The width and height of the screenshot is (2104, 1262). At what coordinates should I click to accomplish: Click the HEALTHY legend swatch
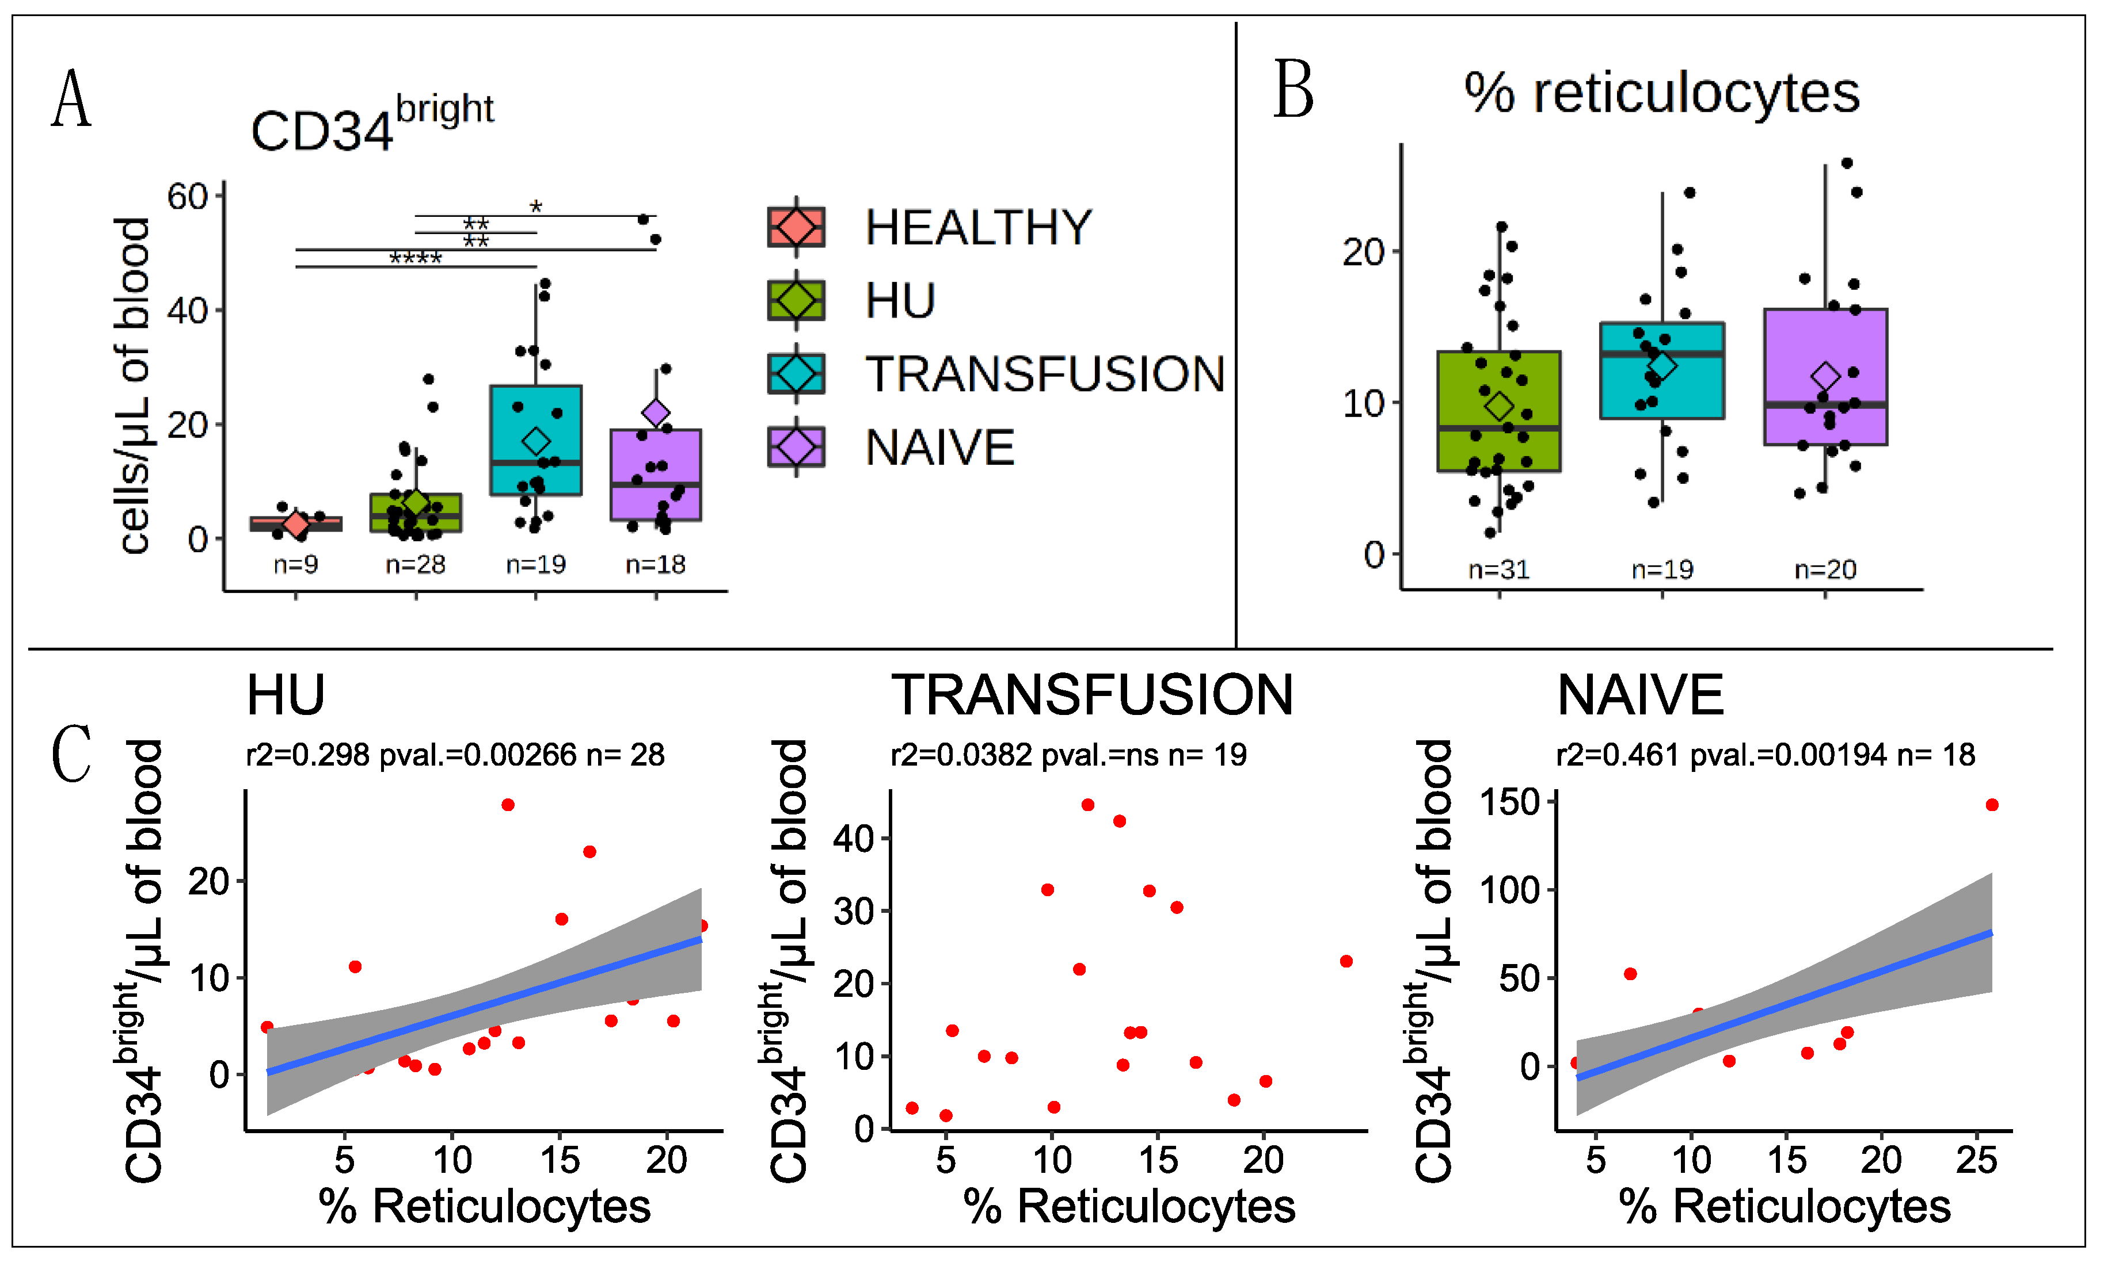(x=796, y=227)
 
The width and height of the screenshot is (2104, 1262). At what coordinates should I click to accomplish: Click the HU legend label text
(x=900, y=301)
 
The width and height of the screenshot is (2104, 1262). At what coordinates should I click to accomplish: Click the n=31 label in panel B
(x=1498, y=569)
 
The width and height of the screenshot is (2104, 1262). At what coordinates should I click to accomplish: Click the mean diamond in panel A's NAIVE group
(x=656, y=412)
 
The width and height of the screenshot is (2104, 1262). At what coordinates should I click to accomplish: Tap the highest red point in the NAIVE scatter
(x=1992, y=805)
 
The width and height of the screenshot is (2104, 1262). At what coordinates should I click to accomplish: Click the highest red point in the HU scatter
(x=508, y=805)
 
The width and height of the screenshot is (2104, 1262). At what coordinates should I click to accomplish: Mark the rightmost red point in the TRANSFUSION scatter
(x=1346, y=961)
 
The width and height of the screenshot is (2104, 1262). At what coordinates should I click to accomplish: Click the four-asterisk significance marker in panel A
(x=415, y=258)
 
